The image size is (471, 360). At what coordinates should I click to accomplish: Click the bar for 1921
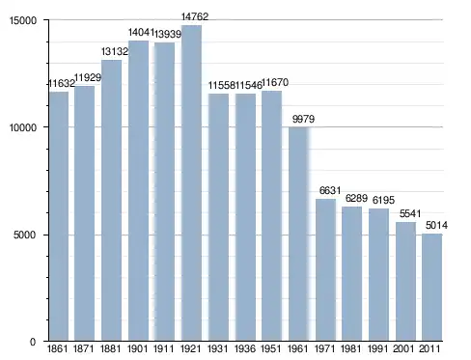click(x=191, y=182)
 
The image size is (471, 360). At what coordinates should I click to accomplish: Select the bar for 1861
click(x=59, y=216)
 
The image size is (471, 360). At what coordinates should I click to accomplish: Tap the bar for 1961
click(x=299, y=234)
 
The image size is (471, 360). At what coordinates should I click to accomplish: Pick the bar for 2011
click(x=432, y=287)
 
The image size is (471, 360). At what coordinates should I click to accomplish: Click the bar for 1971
click(x=325, y=269)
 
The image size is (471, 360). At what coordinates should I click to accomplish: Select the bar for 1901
click(x=138, y=190)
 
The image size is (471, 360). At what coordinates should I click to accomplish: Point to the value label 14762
click(x=195, y=16)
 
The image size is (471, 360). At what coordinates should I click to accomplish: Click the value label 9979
click(x=303, y=119)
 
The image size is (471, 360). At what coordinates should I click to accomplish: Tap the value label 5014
click(x=436, y=225)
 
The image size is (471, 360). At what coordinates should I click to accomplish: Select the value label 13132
click(x=115, y=51)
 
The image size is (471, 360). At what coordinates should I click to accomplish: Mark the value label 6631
click(x=330, y=190)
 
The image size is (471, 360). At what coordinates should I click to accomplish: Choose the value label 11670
click(x=275, y=82)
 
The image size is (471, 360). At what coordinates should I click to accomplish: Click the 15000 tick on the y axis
click(x=23, y=20)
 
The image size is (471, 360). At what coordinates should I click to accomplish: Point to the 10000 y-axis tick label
click(x=23, y=127)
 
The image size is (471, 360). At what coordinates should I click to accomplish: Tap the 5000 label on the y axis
click(x=25, y=235)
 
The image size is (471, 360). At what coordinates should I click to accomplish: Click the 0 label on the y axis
click(x=33, y=342)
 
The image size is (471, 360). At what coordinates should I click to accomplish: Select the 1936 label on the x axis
click(x=245, y=348)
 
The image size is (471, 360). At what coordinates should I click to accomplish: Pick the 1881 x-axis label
click(x=110, y=348)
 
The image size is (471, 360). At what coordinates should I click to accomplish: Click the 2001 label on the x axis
click(x=403, y=348)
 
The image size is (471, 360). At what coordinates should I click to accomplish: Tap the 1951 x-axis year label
click(x=271, y=348)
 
